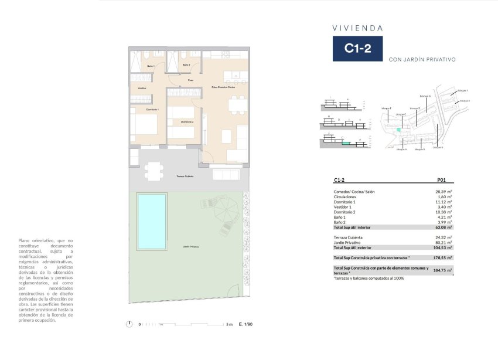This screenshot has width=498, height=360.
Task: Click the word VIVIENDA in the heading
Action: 358,28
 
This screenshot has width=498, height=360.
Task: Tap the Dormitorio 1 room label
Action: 137,110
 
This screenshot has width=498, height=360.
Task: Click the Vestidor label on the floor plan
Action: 142,88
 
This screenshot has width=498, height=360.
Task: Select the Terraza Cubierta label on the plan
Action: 185,176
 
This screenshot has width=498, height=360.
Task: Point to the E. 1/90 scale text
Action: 245,324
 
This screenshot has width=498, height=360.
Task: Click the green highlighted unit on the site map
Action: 399,130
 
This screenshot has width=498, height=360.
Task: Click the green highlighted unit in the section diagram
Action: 346,142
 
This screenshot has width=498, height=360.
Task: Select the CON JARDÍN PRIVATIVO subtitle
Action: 422,59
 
